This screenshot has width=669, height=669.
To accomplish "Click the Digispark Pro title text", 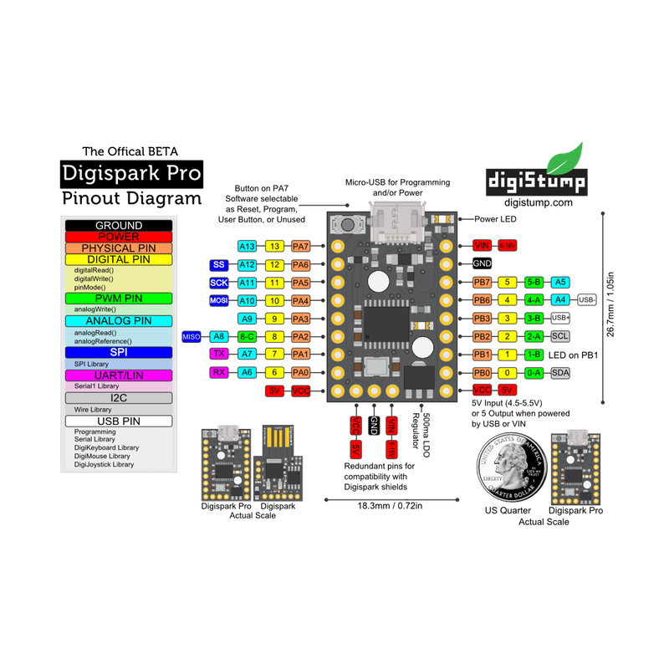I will (x=131, y=173).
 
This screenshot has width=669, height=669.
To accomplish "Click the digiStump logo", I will (x=536, y=174).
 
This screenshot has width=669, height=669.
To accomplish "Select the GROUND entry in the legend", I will (x=119, y=226).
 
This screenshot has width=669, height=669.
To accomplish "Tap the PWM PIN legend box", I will (x=119, y=298).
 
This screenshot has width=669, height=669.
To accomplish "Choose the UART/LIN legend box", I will (x=119, y=375).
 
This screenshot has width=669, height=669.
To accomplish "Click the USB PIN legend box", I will (x=119, y=421).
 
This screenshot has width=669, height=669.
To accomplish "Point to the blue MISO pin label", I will (x=192, y=336).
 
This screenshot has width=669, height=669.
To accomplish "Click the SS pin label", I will (x=219, y=264).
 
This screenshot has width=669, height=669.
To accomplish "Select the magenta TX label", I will (x=219, y=354).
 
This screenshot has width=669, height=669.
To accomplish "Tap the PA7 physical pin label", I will (x=301, y=247).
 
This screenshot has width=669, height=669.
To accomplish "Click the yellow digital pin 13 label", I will (x=274, y=247).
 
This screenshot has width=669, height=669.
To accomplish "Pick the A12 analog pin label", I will (x=247, y=264).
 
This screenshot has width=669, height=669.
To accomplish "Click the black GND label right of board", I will (x=483, y=263).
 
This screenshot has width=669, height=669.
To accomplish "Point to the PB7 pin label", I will (x=483, y=282).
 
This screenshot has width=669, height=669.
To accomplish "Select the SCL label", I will (x=560, y=336).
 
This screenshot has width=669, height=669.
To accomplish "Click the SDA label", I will (x=560, y=372).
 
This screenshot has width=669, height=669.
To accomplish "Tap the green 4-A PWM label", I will (x=534, y=299).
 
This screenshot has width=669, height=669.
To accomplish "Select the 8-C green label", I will (x=247, y=336).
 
